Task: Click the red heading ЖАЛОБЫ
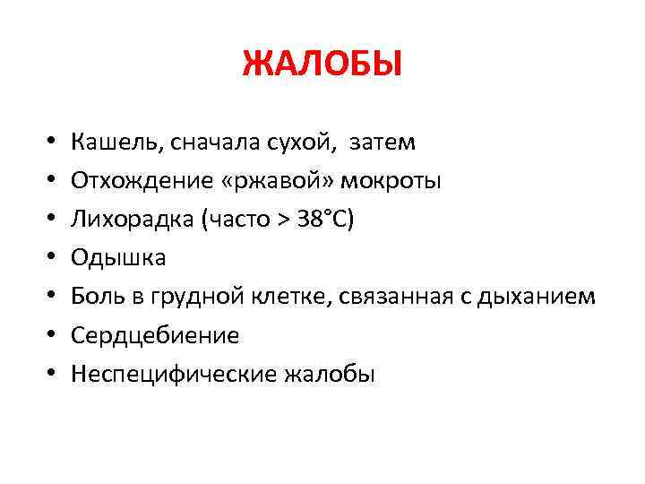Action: tap(322, 65)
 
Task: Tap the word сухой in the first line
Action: tap(290, 142)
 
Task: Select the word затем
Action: tap(381, 142)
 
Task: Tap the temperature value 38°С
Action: tap(326, 220)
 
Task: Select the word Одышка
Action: tap(118, 258)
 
